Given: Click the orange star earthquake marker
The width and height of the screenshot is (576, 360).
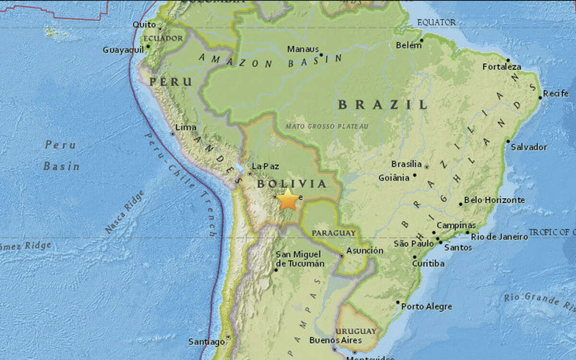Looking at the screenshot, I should tap(288, 199).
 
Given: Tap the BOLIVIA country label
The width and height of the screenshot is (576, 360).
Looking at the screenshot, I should tap(291, 184).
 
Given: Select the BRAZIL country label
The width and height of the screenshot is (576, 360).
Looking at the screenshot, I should tap(383, 105).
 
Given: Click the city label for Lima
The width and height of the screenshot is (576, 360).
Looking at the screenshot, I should tap(186, 127).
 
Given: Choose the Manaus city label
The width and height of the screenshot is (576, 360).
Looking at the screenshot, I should tap(303, 49).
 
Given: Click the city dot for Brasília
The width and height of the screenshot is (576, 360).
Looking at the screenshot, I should tap(427, 167).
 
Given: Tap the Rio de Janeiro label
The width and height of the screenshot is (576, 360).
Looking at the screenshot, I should tap(498, 236).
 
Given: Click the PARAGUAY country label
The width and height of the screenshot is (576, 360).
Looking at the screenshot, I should tap(334, 233).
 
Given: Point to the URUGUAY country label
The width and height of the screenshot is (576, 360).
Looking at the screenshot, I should tap(356, 331).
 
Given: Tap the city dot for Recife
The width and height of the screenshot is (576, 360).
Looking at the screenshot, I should tap(540, 97).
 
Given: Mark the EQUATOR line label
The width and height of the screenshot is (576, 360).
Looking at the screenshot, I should tap(436, 23).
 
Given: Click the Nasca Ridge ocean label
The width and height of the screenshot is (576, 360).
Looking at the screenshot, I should tap(124, 212).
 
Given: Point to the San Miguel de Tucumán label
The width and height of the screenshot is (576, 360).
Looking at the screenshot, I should tap(300, 259).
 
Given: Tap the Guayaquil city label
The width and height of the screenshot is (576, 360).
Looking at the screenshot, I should tap(123, 50).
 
